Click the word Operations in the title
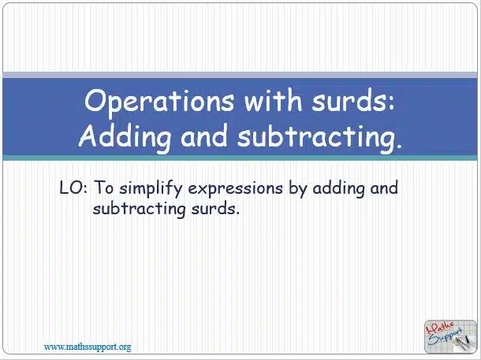(159, 102)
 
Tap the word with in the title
(273, 100)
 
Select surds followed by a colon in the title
(353, 100)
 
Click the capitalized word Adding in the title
(125, 136)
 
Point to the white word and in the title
(204, 135)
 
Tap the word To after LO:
(103, 187)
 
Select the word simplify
(151, 188)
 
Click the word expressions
(235, 189)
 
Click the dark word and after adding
(384, 187)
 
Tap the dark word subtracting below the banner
(139, 210)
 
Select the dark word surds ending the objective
(215, 209)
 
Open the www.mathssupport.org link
(88, 347)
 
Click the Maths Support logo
(450, 336)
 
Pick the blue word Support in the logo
(446, 336)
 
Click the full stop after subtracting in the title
(398, 146)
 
